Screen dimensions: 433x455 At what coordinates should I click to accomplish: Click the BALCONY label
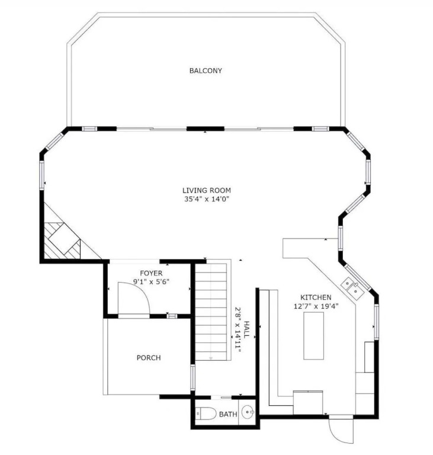206,71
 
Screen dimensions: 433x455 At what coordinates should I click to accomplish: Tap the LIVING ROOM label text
207,190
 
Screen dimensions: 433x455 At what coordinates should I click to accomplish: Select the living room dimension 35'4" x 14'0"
207,199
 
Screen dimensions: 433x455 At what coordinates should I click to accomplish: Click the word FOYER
151,273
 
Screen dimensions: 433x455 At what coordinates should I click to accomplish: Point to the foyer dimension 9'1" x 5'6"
151,281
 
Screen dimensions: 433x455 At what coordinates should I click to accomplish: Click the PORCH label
149,358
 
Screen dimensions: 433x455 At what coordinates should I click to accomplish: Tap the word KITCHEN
316,297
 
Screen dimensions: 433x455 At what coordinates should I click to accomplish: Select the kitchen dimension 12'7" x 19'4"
316,306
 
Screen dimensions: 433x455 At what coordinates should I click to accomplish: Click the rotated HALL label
246,329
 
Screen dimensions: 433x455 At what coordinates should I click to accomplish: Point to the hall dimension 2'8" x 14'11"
238,329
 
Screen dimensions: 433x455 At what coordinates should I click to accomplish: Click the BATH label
228,414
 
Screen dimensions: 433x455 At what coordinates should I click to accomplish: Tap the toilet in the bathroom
206,413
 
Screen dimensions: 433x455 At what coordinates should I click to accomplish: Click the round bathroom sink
248,412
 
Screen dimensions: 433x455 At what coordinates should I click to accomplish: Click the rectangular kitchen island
313,336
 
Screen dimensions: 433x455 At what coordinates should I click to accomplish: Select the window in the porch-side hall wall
193,377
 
